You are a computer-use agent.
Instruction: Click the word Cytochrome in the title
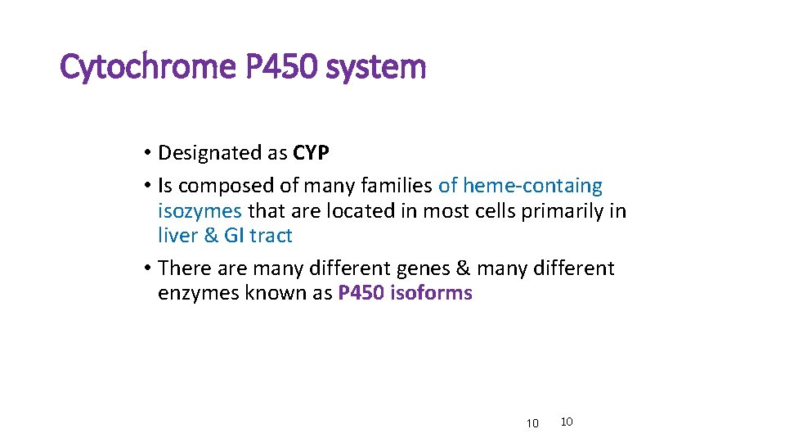(x=148, y=67)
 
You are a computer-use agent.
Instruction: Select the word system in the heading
(x=375, y=67)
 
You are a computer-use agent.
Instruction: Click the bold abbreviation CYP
(x=311, y=153)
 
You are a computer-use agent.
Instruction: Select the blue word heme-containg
(x=532, y=187)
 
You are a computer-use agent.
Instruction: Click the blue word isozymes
(x=200, y=211)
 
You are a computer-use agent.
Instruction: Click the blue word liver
(x=177, y=236)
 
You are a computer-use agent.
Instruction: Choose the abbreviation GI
(x=234, y=236)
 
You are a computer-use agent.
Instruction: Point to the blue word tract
(x=271, y=236)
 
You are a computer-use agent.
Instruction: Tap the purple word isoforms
(x=432, y=293)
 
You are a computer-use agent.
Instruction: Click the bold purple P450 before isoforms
(x=361, y=293)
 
